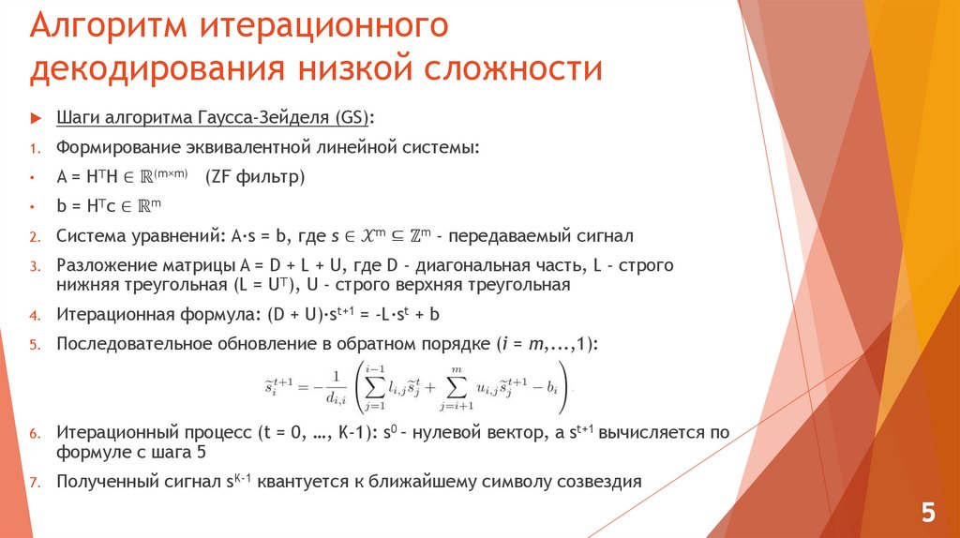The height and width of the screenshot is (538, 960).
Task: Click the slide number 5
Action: [927, 513]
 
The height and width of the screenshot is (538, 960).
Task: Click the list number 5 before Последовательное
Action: [34, 345]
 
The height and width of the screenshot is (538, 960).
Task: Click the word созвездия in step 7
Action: [597, 482]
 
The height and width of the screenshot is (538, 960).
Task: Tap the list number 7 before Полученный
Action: [34, 483]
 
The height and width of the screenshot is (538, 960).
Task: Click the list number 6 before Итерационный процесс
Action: [34, 435]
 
